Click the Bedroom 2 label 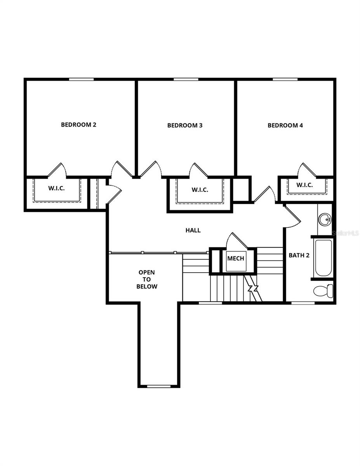[78, 125]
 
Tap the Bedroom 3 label [185, 125]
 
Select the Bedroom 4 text [285, 125]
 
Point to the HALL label [193, 230]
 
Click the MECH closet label [236, 258]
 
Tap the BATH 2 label [299, 256]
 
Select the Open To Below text [147, 279]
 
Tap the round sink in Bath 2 [324, 220]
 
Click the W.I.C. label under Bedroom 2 [56, 188]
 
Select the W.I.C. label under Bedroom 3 [200, 190]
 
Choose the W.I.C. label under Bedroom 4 [304, 185]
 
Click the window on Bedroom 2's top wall [81, 79]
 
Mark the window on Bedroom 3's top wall [186, 79]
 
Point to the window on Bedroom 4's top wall [285, 79]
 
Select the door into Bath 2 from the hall [292, 216]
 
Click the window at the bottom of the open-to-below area [159, 386]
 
